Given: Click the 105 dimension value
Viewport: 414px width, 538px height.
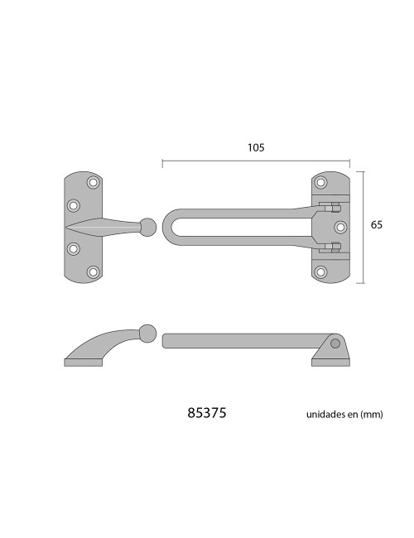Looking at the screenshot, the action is click(256, 147).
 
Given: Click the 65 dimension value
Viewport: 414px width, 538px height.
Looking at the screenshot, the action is click(376, 225).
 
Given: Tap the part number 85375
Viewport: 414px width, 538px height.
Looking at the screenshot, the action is click(207, 413).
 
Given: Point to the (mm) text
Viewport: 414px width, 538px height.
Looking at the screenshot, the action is click(372, 415).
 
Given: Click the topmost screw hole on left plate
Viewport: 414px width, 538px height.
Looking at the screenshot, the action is click(93, 182).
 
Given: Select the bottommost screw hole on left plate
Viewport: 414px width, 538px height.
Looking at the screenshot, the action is click(93, 272).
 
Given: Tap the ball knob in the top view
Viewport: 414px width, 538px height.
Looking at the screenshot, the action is click(147, 227).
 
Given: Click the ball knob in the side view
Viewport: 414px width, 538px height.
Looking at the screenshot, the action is click(148, 333).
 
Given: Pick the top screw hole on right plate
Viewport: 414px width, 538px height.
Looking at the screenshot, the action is click(320, 182).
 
